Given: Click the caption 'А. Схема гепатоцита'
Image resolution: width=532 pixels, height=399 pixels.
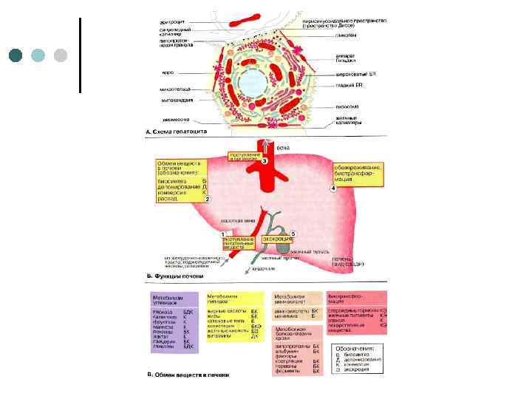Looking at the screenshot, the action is (x=177, y=132).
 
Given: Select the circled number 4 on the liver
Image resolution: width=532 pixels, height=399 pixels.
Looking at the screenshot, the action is (x=332, y=188).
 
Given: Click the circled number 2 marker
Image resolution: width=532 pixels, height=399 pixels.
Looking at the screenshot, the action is (x=208, y=199).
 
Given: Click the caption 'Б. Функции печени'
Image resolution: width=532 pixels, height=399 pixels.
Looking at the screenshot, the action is (x=174, y=276).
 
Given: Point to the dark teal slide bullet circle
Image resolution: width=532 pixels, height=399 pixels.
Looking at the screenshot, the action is (x=17, y=55).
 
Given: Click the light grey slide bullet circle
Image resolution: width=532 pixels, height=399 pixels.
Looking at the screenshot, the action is (x=61, y=55).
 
